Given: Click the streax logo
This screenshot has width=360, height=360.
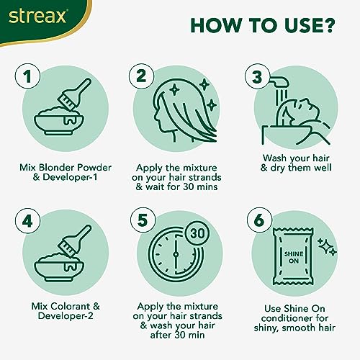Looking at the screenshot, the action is click(x=37, y=17).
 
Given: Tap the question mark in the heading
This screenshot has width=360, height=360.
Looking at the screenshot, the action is click(x=327, y=25).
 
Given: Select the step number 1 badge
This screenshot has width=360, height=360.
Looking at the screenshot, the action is click(x=27, y=76).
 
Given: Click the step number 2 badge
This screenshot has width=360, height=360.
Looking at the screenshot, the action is click(x=141, y=76).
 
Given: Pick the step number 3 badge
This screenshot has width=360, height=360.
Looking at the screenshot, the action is click(x=257, y=76).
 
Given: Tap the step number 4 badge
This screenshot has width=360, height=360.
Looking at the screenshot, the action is click(x=27, y=221).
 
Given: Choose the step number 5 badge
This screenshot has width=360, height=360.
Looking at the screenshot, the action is click(x=143, y=220).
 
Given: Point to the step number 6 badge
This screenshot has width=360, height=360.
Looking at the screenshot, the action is click(x=260, y=220).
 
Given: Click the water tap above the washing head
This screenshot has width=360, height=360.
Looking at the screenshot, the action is click(x=279, y=81).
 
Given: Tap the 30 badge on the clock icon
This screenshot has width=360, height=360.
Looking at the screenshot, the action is click(x=198, y=233).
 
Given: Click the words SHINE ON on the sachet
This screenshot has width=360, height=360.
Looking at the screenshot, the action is click(x=294, y=257).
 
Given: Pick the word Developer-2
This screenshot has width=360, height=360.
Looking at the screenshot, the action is click(x=66, y=316).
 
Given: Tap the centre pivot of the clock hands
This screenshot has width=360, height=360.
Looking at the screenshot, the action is click(x=176, y=254).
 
